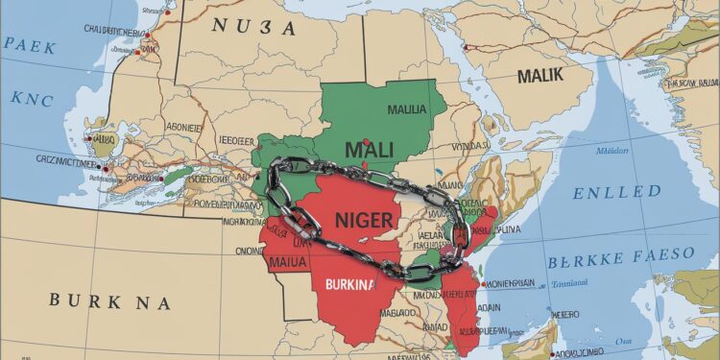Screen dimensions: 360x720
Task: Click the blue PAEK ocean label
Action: (29, 43)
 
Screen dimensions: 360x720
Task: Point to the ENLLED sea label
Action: (618, 192)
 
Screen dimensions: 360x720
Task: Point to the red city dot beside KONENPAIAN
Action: (483, 285)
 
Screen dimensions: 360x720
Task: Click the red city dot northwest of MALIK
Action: (467, 45)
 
